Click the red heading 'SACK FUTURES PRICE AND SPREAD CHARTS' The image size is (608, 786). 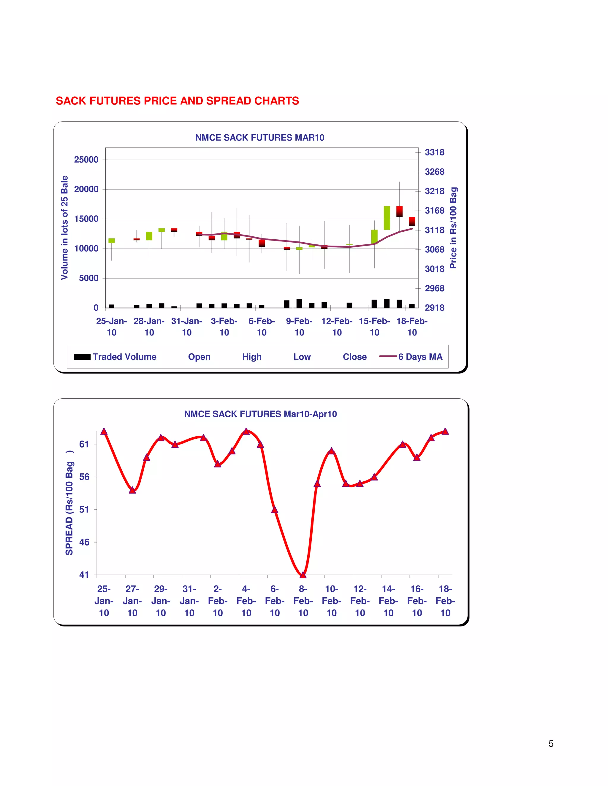click(x=177, y=101)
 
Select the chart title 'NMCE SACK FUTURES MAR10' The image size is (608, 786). click(x=260, y=138)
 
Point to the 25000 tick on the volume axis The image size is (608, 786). click(x=86, y=160)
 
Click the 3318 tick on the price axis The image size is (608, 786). click(x=434, y=152)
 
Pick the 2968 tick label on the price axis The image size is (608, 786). click(x=434, y=288)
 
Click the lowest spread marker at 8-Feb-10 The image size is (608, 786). click(x=303, y=575)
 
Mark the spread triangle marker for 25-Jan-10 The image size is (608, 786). click(x=104, y=431)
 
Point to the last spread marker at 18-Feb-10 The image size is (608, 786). click(x=445, y=431)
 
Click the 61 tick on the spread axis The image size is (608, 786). click(x=84, y=444)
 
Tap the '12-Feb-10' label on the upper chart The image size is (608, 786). click(x=337, y=327)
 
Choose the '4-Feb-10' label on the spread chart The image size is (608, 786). click(x=246, y=601)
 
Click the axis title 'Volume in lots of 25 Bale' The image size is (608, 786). click(x=64, y=227)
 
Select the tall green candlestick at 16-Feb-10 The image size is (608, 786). click(x=387, y=218)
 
